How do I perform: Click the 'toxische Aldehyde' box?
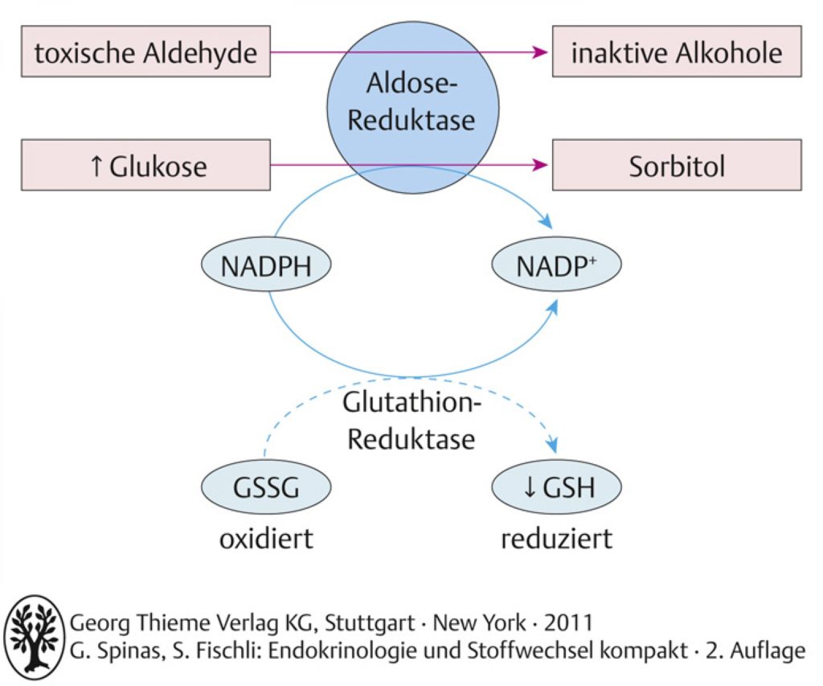[146, 51]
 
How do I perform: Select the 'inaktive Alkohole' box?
[677, 51]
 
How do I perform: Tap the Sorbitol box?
[677, 165]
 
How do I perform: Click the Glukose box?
[146, 165]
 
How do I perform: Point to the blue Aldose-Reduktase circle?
[412, 109]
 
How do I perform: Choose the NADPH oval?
[266, 265]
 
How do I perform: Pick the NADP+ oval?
[556, 265]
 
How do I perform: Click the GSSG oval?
[266, 487]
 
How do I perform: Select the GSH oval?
[556, 487]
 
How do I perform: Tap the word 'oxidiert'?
[266, 539]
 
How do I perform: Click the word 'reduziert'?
[556, 539]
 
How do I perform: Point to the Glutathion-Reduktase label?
[411, 421]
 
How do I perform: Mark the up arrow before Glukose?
[96, 166]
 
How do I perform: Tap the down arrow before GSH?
[530, 487]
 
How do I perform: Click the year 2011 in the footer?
[568, 623]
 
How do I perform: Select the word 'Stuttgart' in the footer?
[370, 623]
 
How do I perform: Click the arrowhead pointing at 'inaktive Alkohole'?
[540, 51]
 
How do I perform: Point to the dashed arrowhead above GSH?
[551, 446]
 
